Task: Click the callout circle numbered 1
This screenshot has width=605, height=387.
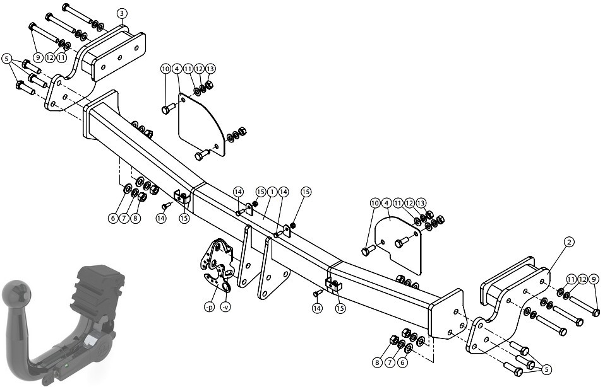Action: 272,192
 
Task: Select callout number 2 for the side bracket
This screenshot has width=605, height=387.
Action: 569,242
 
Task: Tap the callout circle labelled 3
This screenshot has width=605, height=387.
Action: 122,13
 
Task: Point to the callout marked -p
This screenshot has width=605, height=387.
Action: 209,308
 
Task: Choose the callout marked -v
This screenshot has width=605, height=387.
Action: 225,308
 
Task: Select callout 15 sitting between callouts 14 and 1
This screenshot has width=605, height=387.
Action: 261,192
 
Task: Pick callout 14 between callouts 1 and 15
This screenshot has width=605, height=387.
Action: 284,192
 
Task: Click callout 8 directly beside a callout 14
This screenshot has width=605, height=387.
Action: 135,218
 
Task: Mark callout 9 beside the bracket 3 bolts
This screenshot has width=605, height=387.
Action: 37,57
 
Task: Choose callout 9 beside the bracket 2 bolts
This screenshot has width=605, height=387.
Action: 594,279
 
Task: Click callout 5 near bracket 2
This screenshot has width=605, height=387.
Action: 546,370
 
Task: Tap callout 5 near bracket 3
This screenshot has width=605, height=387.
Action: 6,59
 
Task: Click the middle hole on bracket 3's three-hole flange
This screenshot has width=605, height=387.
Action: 120,57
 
